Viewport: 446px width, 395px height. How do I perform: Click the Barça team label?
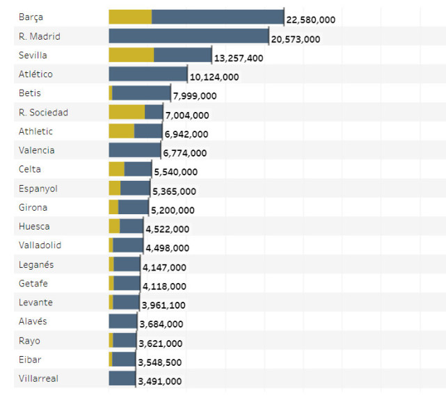(31, 17)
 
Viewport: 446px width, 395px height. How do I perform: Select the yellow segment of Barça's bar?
(130, 17)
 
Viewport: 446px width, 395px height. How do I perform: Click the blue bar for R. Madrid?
(189, 36)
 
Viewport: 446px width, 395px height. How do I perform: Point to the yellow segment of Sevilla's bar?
(132, 55)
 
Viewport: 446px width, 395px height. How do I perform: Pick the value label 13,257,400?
(239, 58)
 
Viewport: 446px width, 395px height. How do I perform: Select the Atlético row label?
(35, 74)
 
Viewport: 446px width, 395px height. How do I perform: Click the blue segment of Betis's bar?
(141, 93)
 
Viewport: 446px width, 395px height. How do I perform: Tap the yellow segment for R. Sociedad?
(127, 112)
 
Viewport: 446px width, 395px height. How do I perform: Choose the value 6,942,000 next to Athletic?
(186, 134)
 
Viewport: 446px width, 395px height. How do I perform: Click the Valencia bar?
(135, 150)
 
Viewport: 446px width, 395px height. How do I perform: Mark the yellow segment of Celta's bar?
(116, 169)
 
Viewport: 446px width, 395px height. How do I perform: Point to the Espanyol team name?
(38, 188)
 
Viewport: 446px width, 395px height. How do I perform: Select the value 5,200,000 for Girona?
(173, 210)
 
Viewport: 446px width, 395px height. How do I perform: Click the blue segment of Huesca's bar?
(132, 226)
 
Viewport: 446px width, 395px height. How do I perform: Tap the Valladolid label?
(40, 245)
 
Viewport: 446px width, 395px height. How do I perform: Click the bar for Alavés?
(123, 321)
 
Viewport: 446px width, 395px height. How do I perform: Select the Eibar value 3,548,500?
(160, 362)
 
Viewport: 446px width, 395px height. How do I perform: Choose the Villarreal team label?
(38, 378)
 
